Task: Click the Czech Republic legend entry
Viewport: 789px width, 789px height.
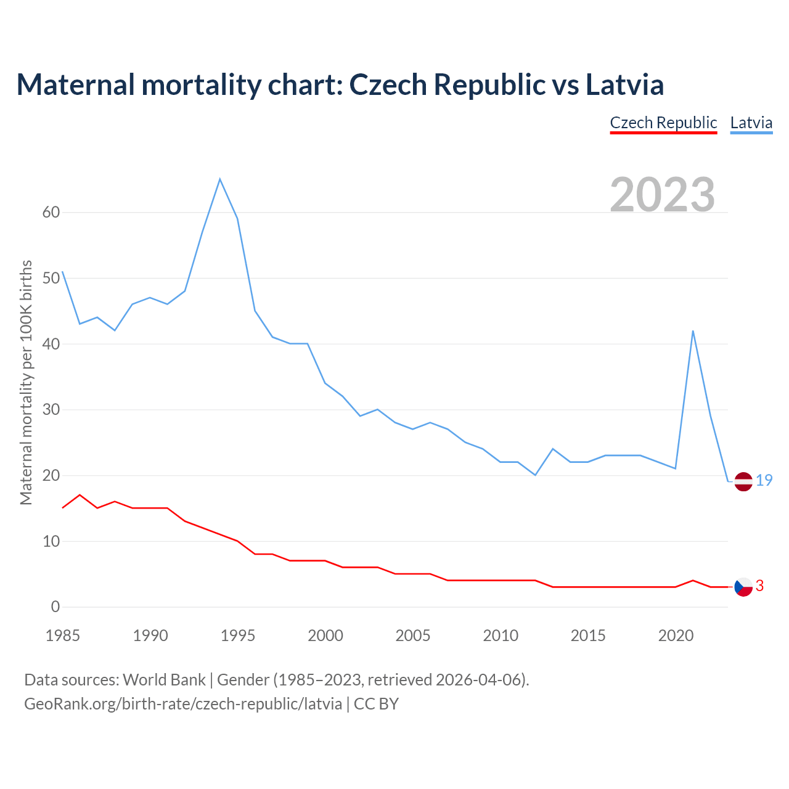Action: [663, 123]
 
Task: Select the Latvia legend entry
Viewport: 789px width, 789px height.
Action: [751, 123]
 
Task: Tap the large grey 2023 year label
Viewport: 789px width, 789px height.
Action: [662, 194]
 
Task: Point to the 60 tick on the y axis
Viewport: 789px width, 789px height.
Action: [51, 213]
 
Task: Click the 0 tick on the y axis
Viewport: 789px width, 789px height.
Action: [55, 607]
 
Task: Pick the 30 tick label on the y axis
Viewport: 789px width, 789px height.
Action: [51, 410]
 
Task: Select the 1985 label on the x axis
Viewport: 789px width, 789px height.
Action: [63, 636]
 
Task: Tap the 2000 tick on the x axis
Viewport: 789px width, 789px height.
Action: [325, 636]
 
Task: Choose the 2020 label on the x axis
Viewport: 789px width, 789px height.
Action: [676, 636]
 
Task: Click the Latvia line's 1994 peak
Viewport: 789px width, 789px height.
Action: [220, 179]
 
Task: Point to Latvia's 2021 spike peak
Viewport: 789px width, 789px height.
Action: [693, 331]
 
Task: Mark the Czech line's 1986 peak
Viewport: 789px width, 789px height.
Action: [80, 495]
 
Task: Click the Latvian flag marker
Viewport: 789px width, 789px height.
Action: [743, 481]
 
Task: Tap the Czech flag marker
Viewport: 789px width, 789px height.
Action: [743, 587]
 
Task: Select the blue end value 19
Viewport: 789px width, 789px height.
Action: [764, 480]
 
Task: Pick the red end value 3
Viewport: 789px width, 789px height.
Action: [759, 586]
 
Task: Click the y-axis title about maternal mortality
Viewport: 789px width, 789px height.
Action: [26, 383]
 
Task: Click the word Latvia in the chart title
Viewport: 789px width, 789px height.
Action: [624, 84]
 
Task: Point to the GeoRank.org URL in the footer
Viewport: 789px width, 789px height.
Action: [183, 704]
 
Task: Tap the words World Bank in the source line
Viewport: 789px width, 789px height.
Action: [164, 680]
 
